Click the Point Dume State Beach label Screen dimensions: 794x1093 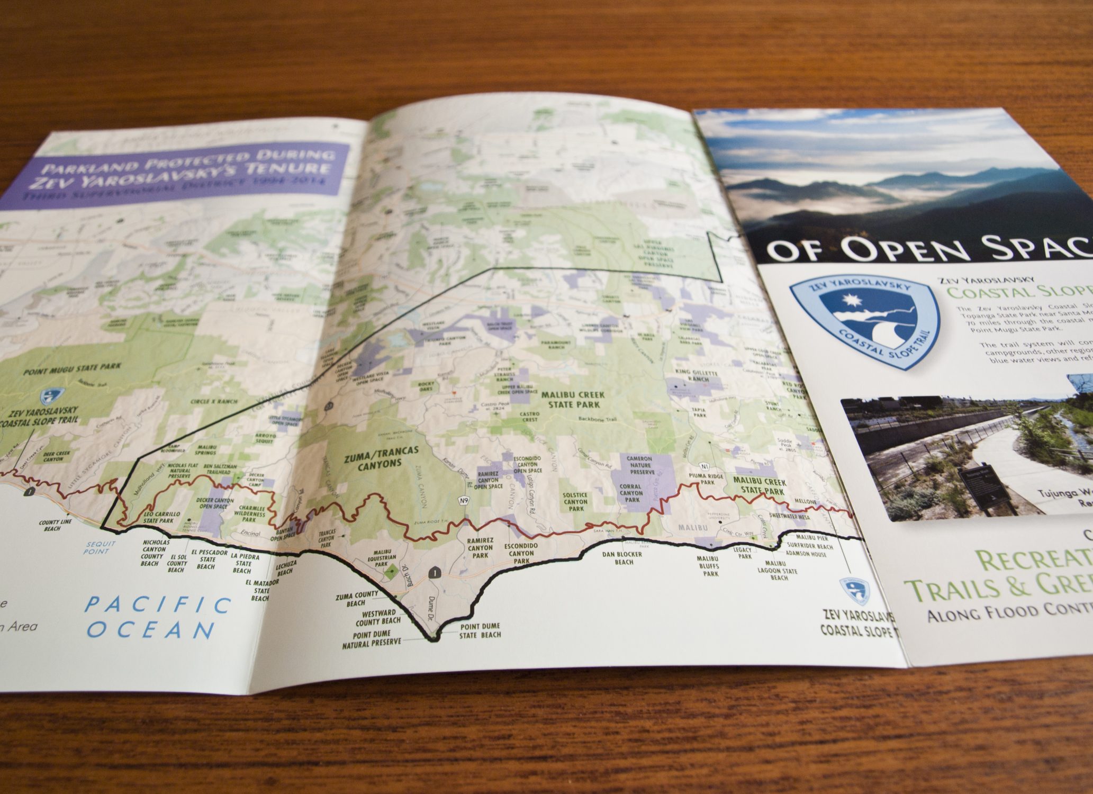[479, 630]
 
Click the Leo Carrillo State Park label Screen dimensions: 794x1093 [162, 517]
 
